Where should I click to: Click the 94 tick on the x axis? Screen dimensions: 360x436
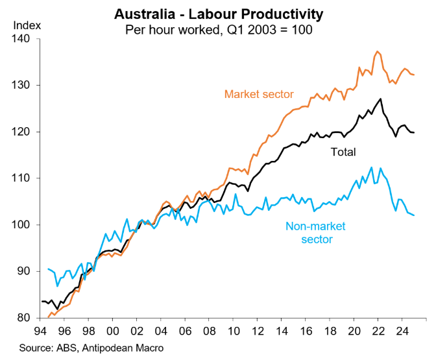pyautogui.click(x=42, y=330)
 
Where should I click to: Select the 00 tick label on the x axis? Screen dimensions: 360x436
pyautogui.click(x=113, y=330)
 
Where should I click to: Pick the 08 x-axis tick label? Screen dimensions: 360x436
pyautogui.click(x=210, y=330)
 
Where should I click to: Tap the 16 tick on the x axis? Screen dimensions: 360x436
pyautogui.click(x=306, y=330)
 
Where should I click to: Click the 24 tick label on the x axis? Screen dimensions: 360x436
pyautogui.click(x=402, y=330)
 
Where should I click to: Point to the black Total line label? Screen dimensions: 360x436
pyautogui.click(x=343, y=152)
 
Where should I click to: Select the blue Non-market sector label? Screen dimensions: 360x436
pyautogui.click(x=316, y=232)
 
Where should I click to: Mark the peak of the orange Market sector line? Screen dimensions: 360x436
pyautogui.click(x=377, y=51)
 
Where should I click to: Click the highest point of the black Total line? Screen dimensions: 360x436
pyautogui.click(x=381, y=99)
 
